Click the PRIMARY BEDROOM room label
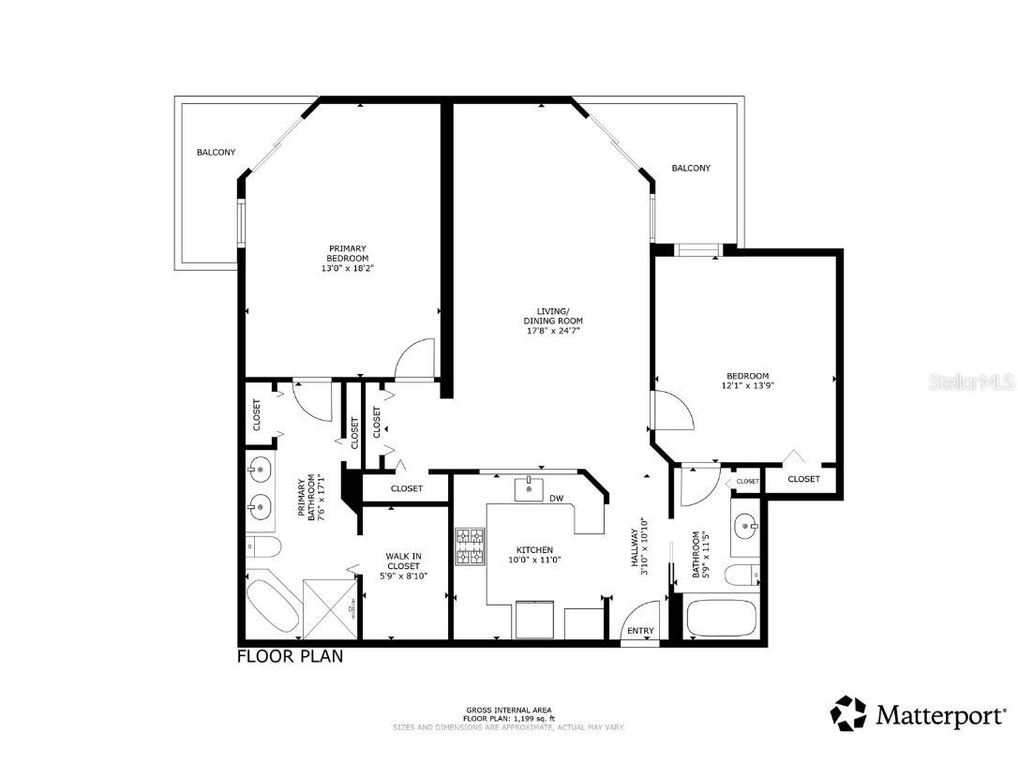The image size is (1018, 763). point(347,253)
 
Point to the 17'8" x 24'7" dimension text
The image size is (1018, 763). point(553,330)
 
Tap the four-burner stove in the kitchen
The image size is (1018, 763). point(470,547)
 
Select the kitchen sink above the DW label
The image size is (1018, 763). point(530,488)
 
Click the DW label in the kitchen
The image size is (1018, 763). point(556,499)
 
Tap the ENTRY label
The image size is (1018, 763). point(641,631)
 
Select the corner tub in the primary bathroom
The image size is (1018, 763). point(271,606)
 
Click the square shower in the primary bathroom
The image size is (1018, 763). point(330,606)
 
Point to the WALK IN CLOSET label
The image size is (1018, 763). point(403,561)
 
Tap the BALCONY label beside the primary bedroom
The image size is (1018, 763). point(216,152)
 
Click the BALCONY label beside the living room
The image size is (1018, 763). point(691,169)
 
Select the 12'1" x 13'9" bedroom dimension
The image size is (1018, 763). point(747,385)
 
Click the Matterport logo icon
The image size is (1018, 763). point(848,713)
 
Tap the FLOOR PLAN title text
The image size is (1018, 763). point(290,656)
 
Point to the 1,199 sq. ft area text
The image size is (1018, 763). point(508,718)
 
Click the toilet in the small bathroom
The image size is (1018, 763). point(744,575)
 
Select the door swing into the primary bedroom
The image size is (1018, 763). point(414,361)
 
